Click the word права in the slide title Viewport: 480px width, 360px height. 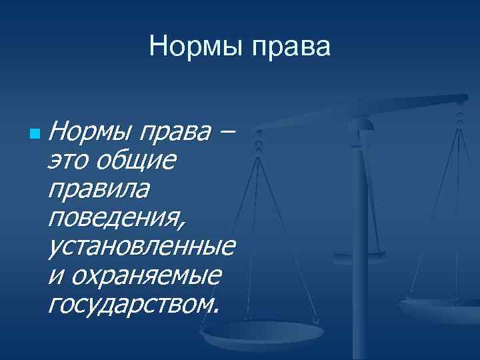[x=290, y=47]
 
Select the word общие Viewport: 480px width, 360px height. [x=137, y=161]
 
